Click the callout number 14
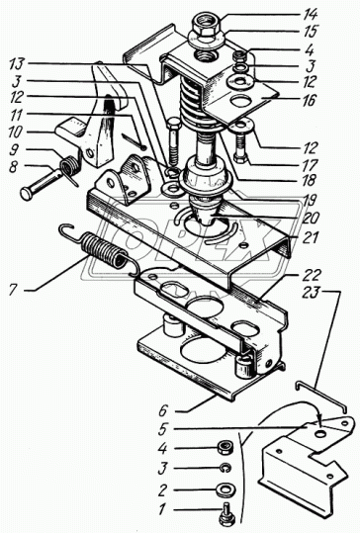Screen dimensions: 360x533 pos(310,15)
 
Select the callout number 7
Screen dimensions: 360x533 pos(13,290)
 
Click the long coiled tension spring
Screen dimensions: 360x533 pos(100,247)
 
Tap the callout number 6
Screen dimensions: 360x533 pos(163,411)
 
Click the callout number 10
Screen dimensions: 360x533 pos(15,133)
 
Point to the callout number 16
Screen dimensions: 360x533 pos(309,101)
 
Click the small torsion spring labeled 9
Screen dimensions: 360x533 pos(70,166)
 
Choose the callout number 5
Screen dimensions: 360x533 pos(162,429)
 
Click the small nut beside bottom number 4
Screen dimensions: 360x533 pos(225,448)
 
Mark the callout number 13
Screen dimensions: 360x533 pos(17,63)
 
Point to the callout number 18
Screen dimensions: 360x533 pos(309,180)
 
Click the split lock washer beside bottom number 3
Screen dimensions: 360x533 pos(225,469)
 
